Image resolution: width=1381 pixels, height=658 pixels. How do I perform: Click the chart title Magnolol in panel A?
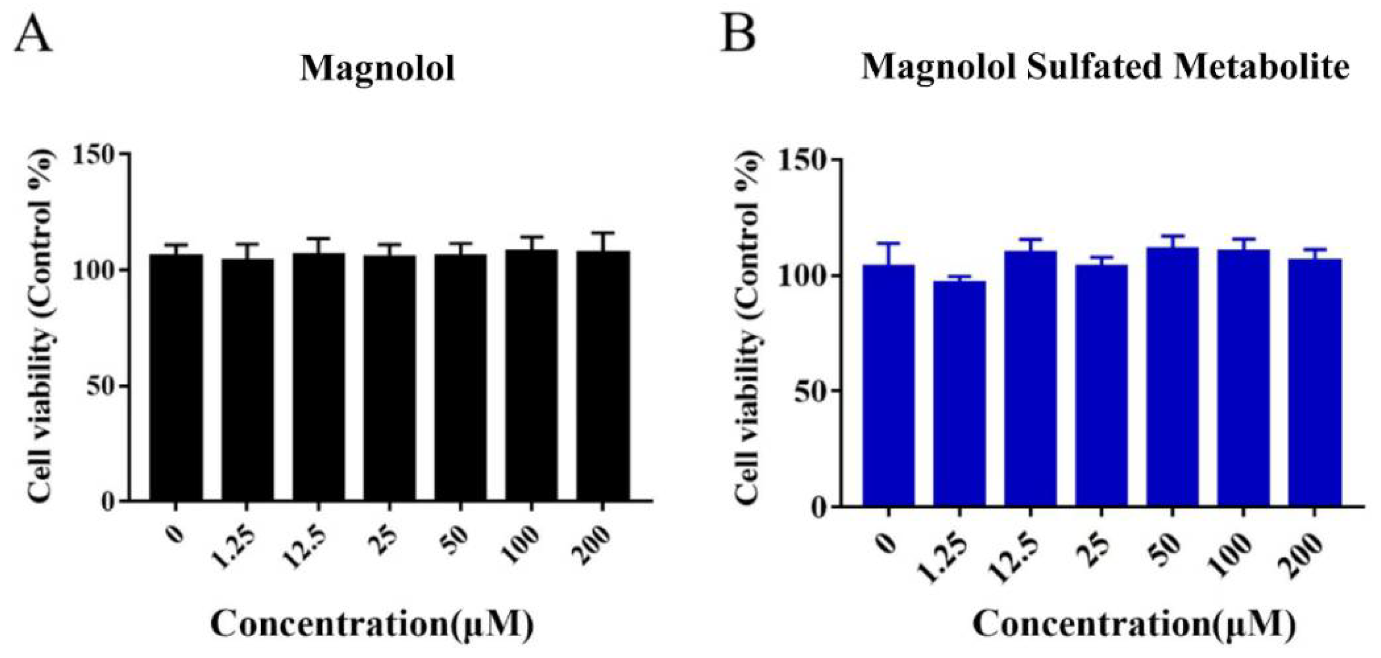click(377, 69)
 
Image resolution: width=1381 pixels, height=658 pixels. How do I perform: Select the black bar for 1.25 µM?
click(248, 381)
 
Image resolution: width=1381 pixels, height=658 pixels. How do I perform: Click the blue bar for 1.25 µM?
click(959, 394)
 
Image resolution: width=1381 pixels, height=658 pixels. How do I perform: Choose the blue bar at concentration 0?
click(888, 386)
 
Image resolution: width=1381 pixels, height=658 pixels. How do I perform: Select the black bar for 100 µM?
click(531, 376)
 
